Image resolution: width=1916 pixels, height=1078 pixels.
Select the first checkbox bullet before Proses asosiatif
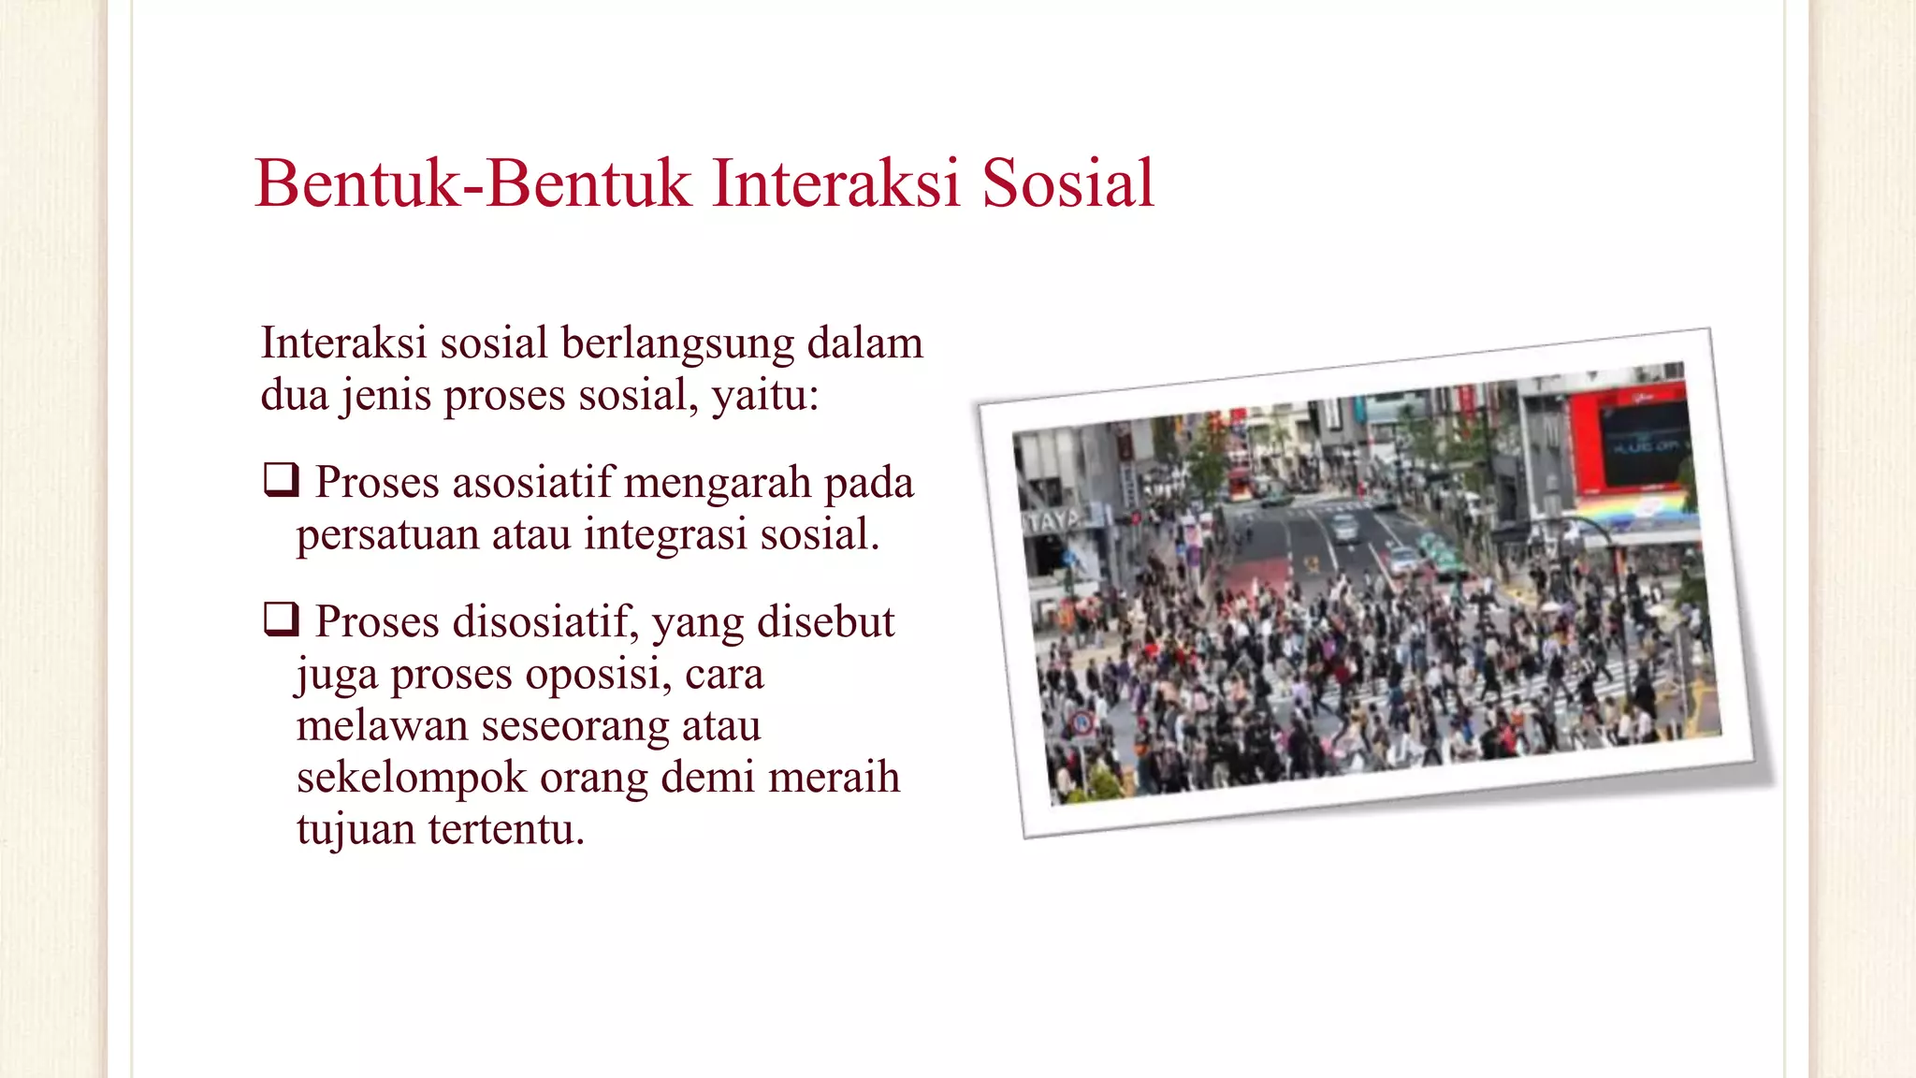coord(281,480)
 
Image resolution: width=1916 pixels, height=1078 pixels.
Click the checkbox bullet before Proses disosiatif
coord(281,619)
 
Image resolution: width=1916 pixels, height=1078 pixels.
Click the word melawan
coord(382,726)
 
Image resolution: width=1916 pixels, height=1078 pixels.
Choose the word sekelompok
coord(412,779)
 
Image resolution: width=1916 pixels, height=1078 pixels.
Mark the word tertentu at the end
coord(506,829)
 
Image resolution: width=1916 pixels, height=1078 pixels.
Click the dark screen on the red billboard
coord(1644,444)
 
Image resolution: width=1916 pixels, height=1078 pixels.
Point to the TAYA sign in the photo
coord(1052,520)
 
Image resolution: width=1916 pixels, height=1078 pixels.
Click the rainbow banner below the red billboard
coord(1637,509)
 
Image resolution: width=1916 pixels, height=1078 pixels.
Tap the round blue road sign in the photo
coord(1083,722)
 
